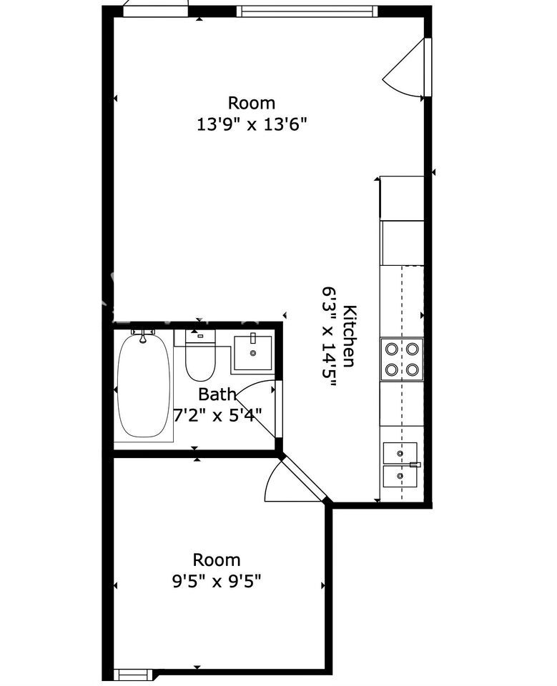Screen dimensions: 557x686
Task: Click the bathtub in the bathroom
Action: coord(144,385)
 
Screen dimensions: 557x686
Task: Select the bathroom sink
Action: coord(252,353)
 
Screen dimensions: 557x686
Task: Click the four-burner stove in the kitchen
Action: coord(402,359)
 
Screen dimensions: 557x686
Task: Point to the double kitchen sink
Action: coord(400,464)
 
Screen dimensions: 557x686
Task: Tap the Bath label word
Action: coord(217,394)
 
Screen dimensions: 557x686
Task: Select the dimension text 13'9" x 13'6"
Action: coord(251,124)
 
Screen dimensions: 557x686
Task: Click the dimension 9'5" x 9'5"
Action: coord(217,582)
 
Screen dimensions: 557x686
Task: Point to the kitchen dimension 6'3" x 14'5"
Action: coord(330,337)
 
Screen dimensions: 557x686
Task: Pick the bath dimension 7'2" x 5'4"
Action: coord(217,414)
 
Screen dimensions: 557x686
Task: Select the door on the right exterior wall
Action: coord(408,68)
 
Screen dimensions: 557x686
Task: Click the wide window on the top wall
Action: coord(307,11)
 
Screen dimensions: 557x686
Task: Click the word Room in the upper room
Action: coord(252,103)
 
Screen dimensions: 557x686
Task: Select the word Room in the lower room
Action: coord(217,560)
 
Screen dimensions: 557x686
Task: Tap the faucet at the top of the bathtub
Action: coord(143,336)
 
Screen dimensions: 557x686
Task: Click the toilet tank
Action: coord(200,337)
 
